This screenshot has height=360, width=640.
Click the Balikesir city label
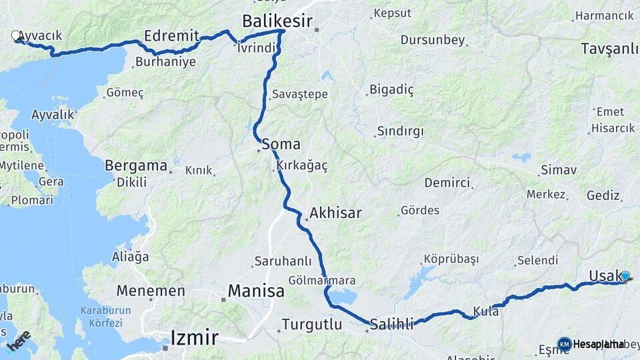pos(277,21)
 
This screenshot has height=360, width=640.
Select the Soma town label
pos(281,144)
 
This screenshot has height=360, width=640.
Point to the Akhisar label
pos(335,213)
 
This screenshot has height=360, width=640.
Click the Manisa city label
pos(256,291)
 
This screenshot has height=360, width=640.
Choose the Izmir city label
pos(194,337)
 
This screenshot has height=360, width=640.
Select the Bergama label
pos(136,165)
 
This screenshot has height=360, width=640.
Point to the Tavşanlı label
pos(609,49)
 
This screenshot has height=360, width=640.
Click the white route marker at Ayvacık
pos(17,36)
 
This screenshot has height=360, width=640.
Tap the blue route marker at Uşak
pos(625,275)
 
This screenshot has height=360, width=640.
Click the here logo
pos(18,341)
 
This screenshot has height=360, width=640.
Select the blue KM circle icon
pos(564,344)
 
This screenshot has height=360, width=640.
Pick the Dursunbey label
pos(433,40)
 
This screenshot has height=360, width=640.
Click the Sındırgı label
pos(400,131)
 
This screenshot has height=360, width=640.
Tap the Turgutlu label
pos(311,325)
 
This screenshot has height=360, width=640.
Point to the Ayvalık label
pos(53,115)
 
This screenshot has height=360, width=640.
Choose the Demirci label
pos(447,183)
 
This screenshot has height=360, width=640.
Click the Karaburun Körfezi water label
pos(101,316)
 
